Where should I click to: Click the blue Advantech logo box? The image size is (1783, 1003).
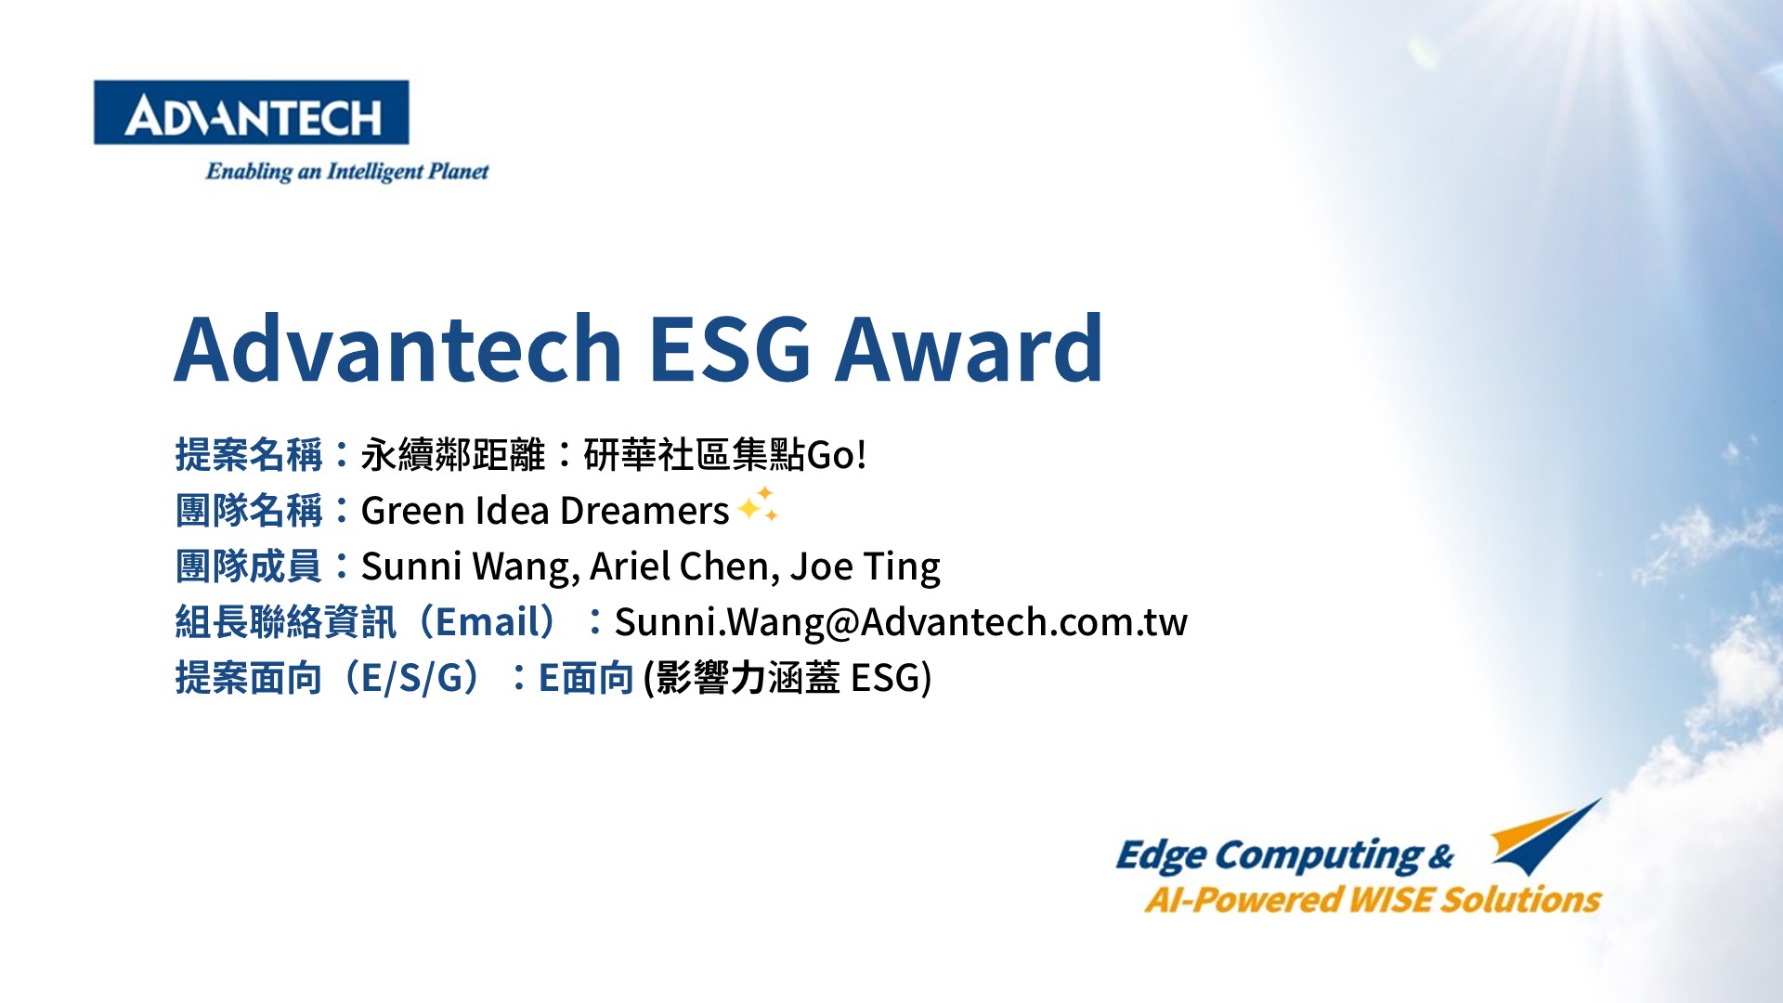pos(251,112)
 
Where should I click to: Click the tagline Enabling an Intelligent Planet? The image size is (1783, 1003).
pos(347,171)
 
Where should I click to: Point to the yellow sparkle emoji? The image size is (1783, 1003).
pos(758,504)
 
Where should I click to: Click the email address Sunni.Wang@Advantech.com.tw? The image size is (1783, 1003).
pos(901,622)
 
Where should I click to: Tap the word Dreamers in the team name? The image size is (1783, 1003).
pos(644,511)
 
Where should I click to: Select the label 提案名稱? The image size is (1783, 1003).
pos(249,455)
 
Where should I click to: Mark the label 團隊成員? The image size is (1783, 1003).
pos(249,567)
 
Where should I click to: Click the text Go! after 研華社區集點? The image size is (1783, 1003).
pos(836,455)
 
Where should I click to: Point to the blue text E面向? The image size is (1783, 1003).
pos(586,678)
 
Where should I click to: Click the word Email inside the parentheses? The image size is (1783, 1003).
pos(488,622)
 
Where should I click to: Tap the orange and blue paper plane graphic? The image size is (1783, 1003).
pos(1546,836)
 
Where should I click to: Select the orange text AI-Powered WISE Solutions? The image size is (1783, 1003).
pos(1373,899)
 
